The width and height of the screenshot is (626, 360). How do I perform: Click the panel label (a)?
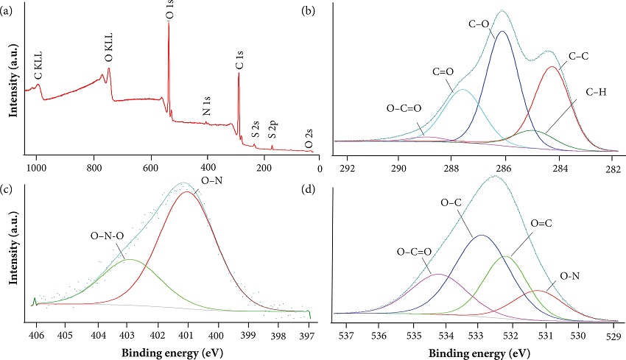point(9,10)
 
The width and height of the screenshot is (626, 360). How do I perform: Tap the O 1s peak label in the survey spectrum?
point(170,10)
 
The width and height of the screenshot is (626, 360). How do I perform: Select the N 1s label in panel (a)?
point(208,107)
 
